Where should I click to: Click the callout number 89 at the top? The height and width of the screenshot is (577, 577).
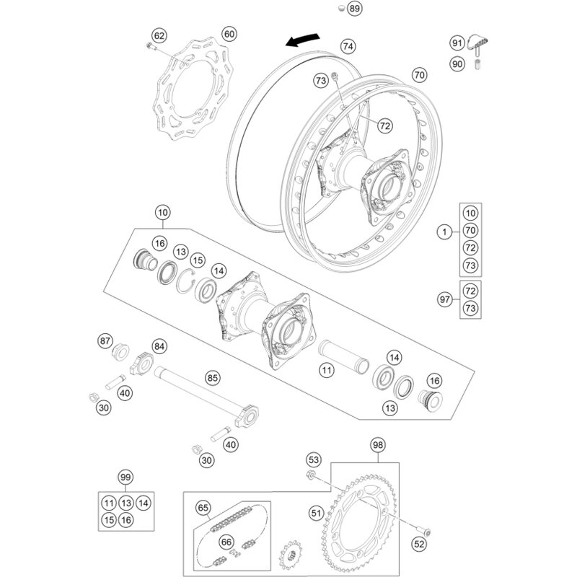tap(354, 9)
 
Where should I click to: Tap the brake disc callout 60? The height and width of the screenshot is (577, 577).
tap(229, 35)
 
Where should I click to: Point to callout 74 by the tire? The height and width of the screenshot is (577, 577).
tap(348, 46)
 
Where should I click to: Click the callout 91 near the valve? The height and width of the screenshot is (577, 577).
tap(457, 44)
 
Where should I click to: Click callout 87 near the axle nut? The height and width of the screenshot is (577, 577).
tap(107, 340)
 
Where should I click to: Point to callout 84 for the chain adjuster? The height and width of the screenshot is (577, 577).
tap(159, 348)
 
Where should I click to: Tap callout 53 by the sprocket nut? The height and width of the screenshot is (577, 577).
tap(313, 459)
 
